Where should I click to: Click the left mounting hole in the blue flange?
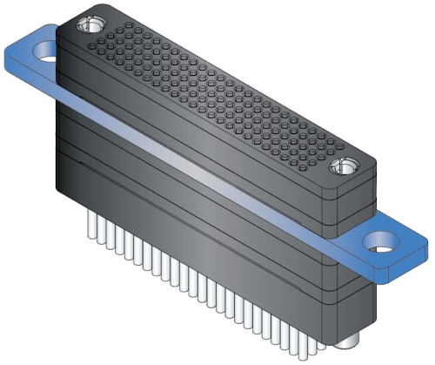40,62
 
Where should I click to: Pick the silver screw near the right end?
342,166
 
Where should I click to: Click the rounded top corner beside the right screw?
365,170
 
